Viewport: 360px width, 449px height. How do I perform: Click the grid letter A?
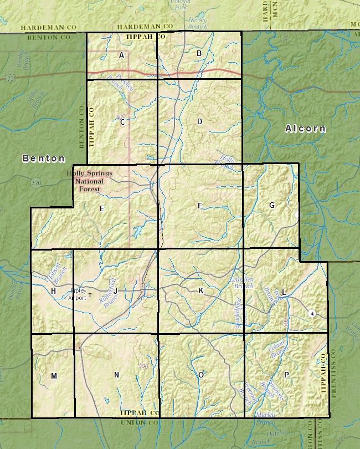[121, 55]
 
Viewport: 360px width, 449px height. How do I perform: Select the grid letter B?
[199, 53]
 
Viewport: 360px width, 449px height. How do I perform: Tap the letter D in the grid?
[199, 121]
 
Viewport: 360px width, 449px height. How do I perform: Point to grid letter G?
[271, 205]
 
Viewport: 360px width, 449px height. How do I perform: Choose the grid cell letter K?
[201, 290]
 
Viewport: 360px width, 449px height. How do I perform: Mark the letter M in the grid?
[54, 376]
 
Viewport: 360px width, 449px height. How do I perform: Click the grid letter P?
[286, 375]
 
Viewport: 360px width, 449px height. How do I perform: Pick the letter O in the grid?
[201, 375]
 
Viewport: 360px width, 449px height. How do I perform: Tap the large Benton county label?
[44, 159]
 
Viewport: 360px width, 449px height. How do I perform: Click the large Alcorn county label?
[305, 129]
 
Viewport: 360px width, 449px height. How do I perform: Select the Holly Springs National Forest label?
[89, 181]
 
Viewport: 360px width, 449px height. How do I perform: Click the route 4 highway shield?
[312, 313]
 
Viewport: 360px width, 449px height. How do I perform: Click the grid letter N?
[116, 375]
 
